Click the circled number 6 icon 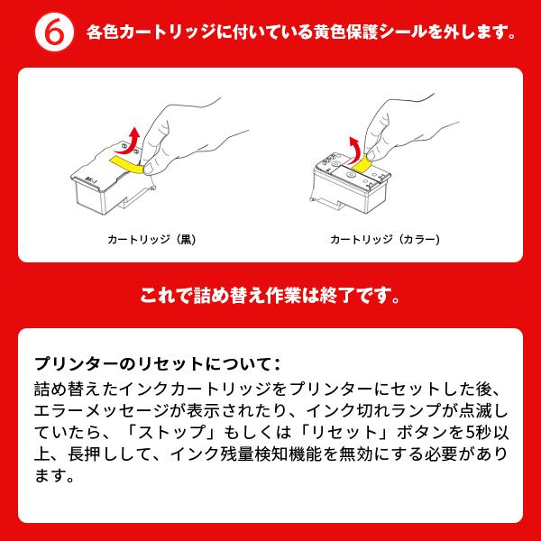(52, 32)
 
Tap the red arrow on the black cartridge (132, 140)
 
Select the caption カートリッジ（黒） (151, 240)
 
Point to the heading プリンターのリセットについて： (158, 364)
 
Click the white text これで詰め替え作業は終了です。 (270, 295)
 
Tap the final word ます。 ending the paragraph (53, 474)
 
